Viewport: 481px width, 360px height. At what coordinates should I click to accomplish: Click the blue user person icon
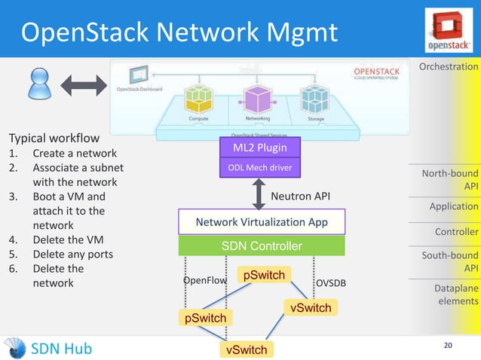click(38, 84)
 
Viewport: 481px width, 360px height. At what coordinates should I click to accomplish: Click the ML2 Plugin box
click(260, 147)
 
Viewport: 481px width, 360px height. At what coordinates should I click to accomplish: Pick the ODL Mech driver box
click(260, 168)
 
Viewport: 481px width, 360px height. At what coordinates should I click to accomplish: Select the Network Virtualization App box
click(261, 222)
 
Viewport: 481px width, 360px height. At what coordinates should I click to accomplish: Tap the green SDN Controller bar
click(261, 246)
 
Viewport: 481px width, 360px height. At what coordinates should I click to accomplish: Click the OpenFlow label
click(205, 281)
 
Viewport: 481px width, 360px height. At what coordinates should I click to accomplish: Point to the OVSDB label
click(331, 282)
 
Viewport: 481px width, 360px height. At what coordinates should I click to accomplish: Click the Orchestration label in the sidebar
click(449, 67)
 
